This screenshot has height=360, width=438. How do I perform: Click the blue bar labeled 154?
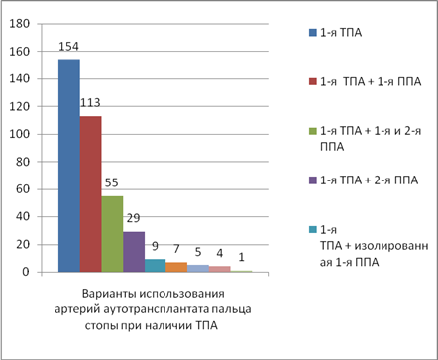(x=69, y=166)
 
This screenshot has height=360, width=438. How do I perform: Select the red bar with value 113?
(x=90, y=194)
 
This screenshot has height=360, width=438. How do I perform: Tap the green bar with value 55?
(x=112, y=234)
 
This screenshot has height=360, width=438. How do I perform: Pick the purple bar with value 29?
(x=134, y=252)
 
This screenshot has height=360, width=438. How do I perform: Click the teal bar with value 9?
(x=155, y=266)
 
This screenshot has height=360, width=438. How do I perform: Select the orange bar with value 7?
(x=176, y=267)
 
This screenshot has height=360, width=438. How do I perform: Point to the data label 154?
(x=68, y=47)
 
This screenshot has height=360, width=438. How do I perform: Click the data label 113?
(x=90, y=103)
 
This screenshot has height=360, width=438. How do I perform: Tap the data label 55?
(x=112, y=182)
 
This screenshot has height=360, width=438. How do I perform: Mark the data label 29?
(x=133, y=218)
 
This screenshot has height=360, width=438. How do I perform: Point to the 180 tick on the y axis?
(x=20, y=24)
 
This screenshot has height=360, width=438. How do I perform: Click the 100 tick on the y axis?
(x=20, y=134)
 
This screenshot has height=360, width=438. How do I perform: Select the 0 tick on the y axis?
(x=26, y=272)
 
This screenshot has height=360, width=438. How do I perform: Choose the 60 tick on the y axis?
(x=23, y=189)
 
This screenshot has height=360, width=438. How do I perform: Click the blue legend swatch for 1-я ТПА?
(x=312, y=33)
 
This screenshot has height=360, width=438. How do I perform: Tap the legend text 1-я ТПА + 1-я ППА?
(x=371, y=81)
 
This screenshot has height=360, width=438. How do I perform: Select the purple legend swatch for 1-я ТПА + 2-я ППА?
(x=312, y=180)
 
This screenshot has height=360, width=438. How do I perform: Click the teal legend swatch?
(x=312, y=230)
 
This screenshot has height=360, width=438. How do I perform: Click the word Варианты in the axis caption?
(x=108, y=294)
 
